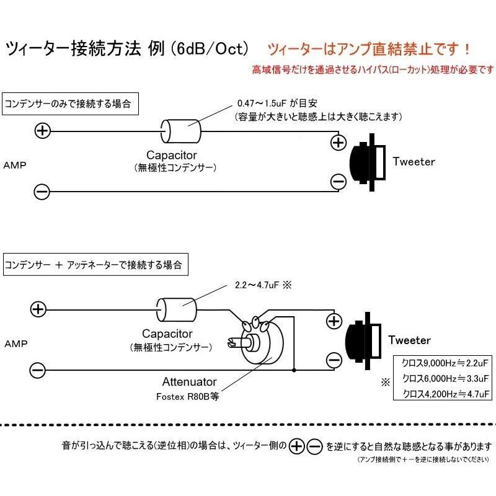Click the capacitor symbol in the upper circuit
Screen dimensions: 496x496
click(181, 131)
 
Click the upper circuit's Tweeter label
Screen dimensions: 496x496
click(414, 162)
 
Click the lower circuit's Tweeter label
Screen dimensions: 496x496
click(409, 340)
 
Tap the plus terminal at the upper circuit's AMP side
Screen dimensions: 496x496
click(42, 131)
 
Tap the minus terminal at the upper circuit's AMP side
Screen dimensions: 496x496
click(42, 192)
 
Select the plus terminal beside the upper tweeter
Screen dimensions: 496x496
click(338, 143)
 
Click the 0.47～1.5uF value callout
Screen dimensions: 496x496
click(269, 103)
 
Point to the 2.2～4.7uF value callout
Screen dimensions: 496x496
click(257, 286)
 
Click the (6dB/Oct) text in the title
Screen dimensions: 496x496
click(208, 48)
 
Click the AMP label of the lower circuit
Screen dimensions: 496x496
click(15, 342)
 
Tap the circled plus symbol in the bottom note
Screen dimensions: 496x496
click(298, 445)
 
